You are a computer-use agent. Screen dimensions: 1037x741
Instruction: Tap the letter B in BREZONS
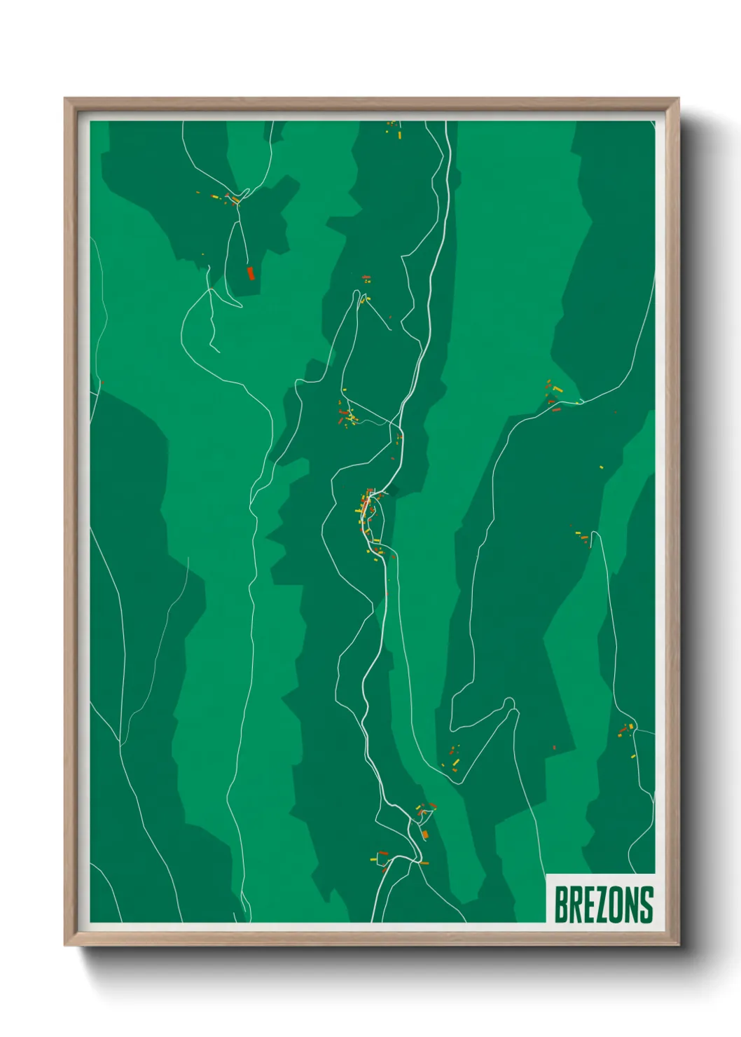coord(561,905)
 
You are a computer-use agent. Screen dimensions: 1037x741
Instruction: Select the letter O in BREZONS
coord(617,905)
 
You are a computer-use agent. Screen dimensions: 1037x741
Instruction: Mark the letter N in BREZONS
coord(632,905)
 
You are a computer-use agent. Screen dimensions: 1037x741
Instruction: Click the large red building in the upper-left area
coord(249,273)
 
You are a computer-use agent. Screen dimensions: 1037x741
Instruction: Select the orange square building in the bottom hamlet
coord(424,834)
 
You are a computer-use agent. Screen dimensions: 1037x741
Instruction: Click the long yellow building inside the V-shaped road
coord(455,762)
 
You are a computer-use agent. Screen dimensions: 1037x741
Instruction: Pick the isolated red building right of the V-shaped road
coord(554,748)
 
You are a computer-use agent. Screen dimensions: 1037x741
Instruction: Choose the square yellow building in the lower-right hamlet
coord(630,727)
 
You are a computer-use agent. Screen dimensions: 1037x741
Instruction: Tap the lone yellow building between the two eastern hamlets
coord(601,467)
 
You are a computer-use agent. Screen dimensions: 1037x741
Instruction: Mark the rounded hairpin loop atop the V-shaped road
coord(509,701)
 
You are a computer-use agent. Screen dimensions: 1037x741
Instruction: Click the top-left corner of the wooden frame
coord(66,99)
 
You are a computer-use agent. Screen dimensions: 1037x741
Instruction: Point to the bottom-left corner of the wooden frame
coord(66,945)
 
